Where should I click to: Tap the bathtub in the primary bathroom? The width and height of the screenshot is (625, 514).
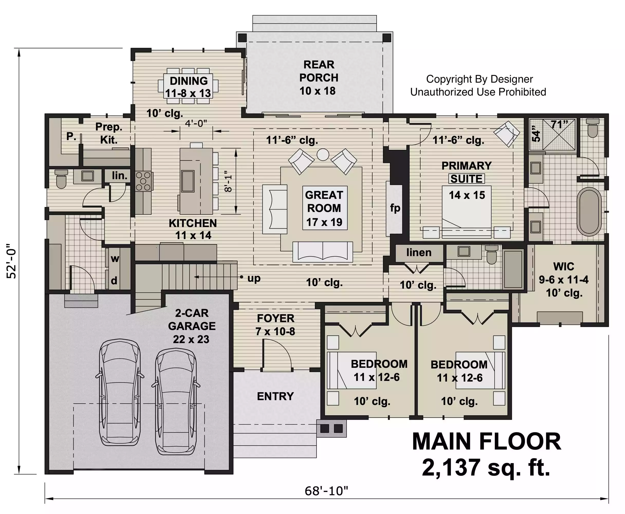point(590,212)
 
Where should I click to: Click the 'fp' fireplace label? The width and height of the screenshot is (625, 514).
point(395,208)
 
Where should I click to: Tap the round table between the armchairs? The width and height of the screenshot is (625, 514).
point(323,154)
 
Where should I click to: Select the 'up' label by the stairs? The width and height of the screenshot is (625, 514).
point(254,278)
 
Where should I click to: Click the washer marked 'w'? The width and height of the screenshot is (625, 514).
point(115,259)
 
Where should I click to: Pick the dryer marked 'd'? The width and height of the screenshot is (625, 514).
point(114,280)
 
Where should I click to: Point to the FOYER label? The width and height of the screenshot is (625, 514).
point(276,318)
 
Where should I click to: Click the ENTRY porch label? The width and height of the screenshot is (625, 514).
point(275,396)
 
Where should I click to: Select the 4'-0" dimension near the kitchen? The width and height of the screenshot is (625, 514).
point(196,123)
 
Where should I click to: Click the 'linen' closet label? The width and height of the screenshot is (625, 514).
point(419,252)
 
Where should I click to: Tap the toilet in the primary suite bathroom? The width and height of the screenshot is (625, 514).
point(593,128)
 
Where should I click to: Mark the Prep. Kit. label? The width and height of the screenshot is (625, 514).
point(109,133)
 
